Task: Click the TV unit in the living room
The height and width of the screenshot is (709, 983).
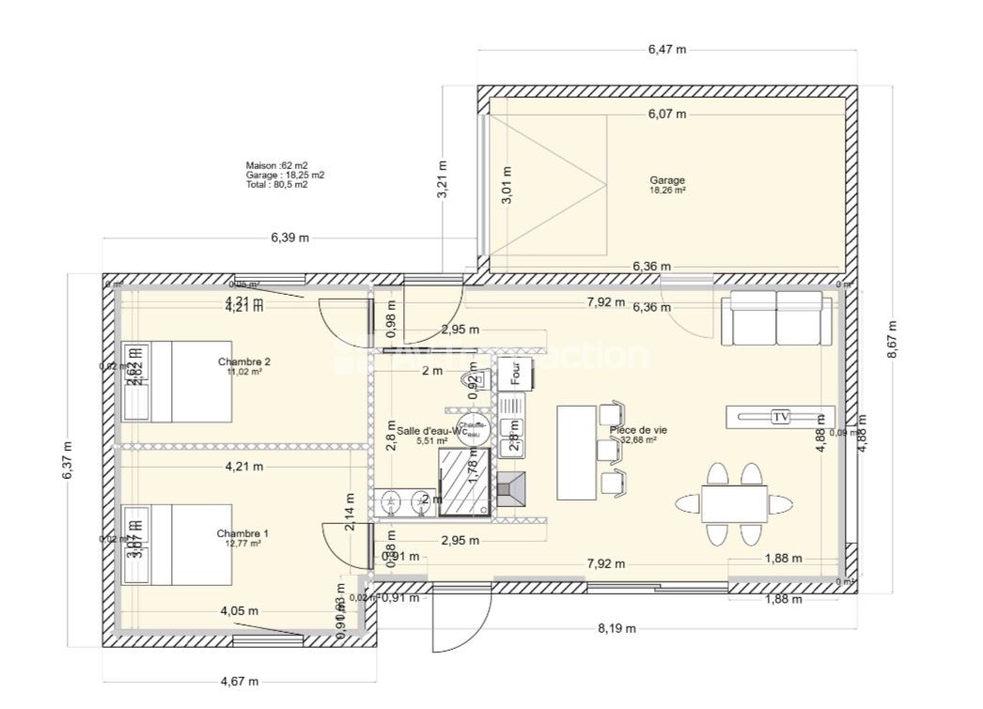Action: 780,417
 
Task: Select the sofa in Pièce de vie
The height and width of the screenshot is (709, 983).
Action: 776,318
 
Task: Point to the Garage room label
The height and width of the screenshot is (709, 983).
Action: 667,180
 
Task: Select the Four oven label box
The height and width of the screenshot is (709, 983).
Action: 515,373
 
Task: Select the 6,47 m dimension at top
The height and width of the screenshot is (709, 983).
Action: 666,49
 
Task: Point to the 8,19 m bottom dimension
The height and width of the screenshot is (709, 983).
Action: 616,628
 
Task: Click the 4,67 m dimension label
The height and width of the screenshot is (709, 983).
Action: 240,682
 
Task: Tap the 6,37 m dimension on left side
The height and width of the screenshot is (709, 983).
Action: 67,461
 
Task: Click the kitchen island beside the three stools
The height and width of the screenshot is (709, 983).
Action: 576,452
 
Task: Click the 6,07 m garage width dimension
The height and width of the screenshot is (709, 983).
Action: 666,115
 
